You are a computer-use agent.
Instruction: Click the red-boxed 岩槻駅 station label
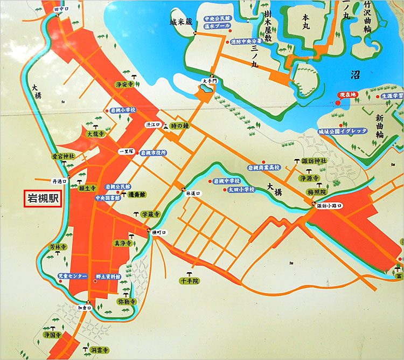pyautogui.click(x=43, y=199)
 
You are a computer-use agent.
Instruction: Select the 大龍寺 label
pyautogui.click(x=95, y=133)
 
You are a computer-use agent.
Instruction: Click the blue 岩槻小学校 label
pyautogui.click(x=123, y=109)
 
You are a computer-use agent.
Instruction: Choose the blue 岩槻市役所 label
pyautogui.click(x=154, y=153)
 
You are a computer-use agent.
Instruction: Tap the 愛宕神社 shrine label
pyautogui.click(x=63, y=156)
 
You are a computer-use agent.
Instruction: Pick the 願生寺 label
pyautogui.click(x=87, y=189)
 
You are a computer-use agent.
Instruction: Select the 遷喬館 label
pyautogui.click(x=138, y=194)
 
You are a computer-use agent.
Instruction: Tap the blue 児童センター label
pyautogui.click(x=72, y=276)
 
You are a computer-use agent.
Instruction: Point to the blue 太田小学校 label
pyautogui.click(x=241, y=189)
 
